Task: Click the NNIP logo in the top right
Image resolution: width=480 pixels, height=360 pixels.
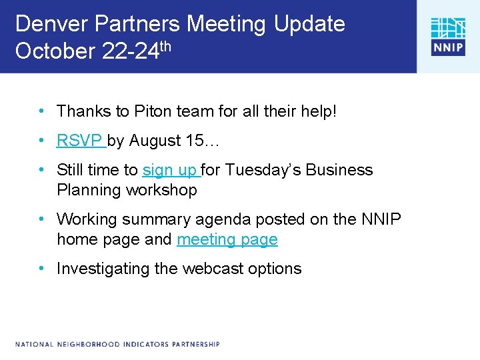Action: [447, 37]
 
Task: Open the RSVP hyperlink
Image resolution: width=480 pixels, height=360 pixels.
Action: [79, 141]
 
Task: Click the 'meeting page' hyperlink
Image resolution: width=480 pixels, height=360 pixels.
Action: [227, 239]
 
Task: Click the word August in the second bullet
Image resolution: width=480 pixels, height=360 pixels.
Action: [155, 141]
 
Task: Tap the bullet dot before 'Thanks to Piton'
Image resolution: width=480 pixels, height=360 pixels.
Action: [41, 111]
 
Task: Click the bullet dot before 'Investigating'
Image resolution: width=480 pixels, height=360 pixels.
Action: [41, 269]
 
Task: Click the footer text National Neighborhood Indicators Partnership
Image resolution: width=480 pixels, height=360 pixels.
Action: [117, 344]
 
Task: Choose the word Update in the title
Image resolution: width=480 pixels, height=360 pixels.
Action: [307, 24]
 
